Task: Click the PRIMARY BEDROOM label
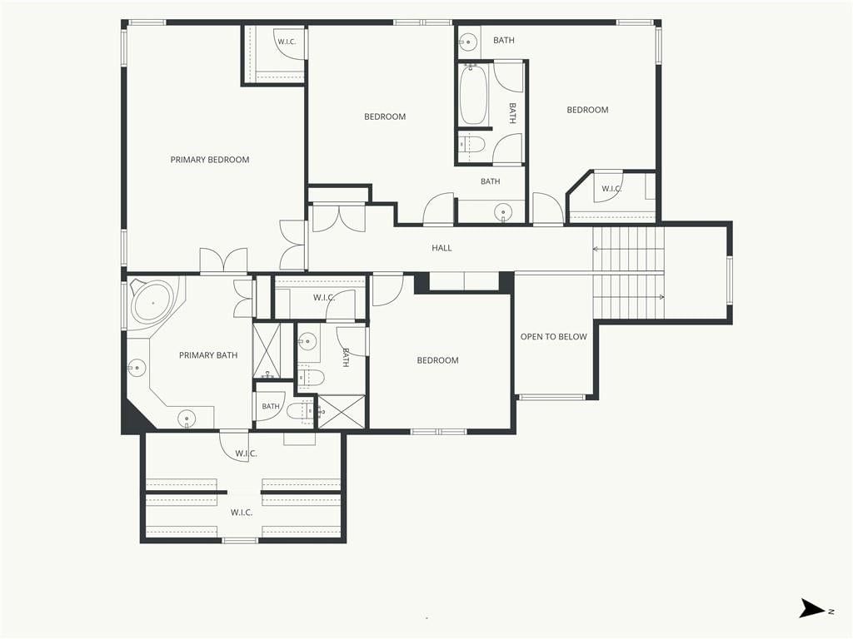click(x=210, y=160)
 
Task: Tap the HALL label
click(x=441, y=248)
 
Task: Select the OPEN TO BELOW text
click(x=554, y=337)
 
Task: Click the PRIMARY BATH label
click(x=208, y=355)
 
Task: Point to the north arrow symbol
click(x=812, y=608)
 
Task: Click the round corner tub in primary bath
click(x=153, y=303)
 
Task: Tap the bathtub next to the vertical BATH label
click(x=472, y=95)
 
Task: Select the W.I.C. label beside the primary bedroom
click(x=287, y=42)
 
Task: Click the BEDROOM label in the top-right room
click(x=587, y=110)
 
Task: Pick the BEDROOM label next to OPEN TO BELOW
click(x=437, y=360)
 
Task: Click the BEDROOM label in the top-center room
click(x=385, y=116)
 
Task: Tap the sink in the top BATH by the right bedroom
click(x=467, y=42)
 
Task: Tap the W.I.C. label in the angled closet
click(x=611, y=189)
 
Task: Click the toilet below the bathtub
click(x=472, y=145)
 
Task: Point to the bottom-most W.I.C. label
click(x=242, y=513)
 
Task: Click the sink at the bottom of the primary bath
click(x=187, y=419)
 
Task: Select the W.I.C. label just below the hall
click(x=324, y=298)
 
